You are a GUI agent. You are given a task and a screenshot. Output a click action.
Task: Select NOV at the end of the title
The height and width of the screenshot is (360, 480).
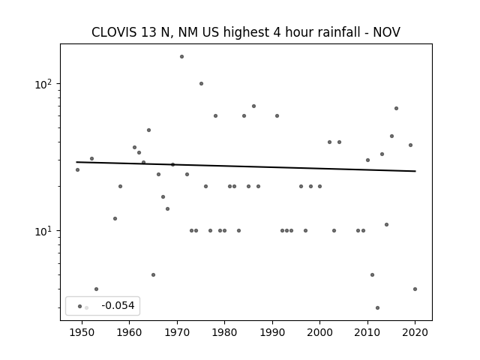click(386, 32)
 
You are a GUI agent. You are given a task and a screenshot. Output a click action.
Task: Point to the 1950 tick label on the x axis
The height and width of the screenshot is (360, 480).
click(82, 332)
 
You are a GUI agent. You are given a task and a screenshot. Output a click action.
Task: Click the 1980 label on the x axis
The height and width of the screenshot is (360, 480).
click(224, 332)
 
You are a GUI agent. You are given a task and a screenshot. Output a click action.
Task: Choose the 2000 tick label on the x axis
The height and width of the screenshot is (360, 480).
click(319, 332)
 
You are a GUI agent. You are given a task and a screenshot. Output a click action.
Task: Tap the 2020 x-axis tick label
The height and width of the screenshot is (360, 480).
click(415, 332)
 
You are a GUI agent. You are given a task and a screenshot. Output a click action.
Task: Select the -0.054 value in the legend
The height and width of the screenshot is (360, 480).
click(118, 305)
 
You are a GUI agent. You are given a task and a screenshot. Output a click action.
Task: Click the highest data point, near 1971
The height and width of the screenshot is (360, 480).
click(181, 57)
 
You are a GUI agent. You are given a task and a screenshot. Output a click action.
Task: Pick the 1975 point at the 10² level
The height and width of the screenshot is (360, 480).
click(201, 83)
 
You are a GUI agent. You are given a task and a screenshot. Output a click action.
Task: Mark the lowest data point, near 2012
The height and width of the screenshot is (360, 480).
click(377, 308)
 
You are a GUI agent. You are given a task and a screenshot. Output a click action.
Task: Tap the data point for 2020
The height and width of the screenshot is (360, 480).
click(415, 289)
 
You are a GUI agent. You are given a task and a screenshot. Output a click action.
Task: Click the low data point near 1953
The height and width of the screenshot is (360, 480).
click(96, 289)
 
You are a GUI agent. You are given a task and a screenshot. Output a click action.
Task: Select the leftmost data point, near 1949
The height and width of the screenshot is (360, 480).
click(77, 170)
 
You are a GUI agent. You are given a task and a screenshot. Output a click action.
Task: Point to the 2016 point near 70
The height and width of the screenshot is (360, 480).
click(396, 108)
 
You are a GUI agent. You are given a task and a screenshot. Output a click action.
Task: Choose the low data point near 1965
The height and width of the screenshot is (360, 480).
click(153, 275)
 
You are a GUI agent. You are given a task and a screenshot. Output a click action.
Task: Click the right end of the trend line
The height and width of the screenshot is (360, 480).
click(415, 171)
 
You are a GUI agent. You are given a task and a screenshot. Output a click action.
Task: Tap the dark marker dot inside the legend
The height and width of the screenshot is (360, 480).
click(80, 307)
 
